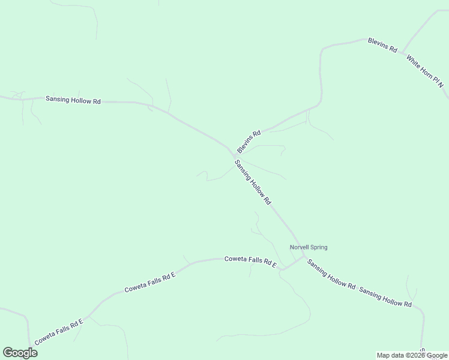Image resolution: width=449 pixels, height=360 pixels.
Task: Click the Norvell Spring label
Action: tap(309, 247)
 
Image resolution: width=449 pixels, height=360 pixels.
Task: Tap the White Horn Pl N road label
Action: tap(424, 71)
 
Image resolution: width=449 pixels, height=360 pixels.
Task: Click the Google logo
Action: tap(20, 352)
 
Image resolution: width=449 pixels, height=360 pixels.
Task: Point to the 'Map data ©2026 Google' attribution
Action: tap(412, 355)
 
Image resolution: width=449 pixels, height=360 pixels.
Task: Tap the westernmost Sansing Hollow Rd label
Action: tap(73, 100)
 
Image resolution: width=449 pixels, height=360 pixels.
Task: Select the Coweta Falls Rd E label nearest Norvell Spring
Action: tap(250, 262)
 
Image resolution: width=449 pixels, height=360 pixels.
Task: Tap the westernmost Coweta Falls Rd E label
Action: tap(58, 332)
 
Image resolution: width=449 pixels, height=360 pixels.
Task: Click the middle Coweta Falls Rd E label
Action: tap(149, 283)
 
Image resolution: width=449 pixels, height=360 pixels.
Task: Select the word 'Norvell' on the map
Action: tap(299, 247)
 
